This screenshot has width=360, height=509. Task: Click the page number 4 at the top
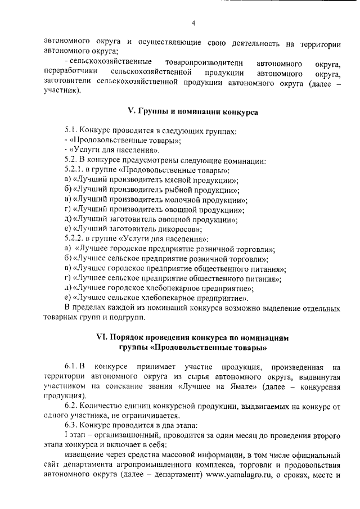[x=192, y=23]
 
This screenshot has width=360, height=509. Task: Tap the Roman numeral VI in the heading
[x=102, y=338]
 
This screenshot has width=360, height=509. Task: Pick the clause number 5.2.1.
[x=74, y=170]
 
